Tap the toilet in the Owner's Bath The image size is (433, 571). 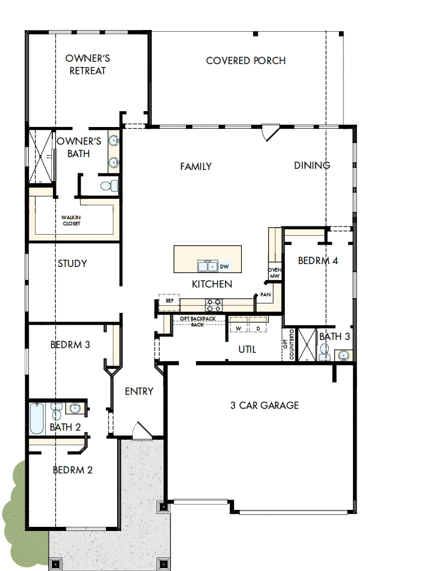click(x=107, y=186)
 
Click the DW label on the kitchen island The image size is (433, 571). click(x=224, y=266)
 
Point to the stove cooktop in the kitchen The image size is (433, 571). click(x=213, y=305)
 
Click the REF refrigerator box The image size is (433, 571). click(x=169, y=301)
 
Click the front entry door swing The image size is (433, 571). click(x=139, y=430)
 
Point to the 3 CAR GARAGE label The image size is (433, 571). click(x=264, y=405)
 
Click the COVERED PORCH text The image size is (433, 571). click(x=245, y=61)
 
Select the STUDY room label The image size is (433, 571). click(x=72, y=263)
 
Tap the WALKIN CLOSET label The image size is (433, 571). click(x=71, y=221)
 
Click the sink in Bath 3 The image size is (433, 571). click(x=343, y=355)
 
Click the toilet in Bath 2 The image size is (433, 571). click(x=57, y=410)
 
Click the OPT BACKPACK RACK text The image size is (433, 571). click(x=197, y=321)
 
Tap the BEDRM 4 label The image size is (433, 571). click(x=318, y=261)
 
